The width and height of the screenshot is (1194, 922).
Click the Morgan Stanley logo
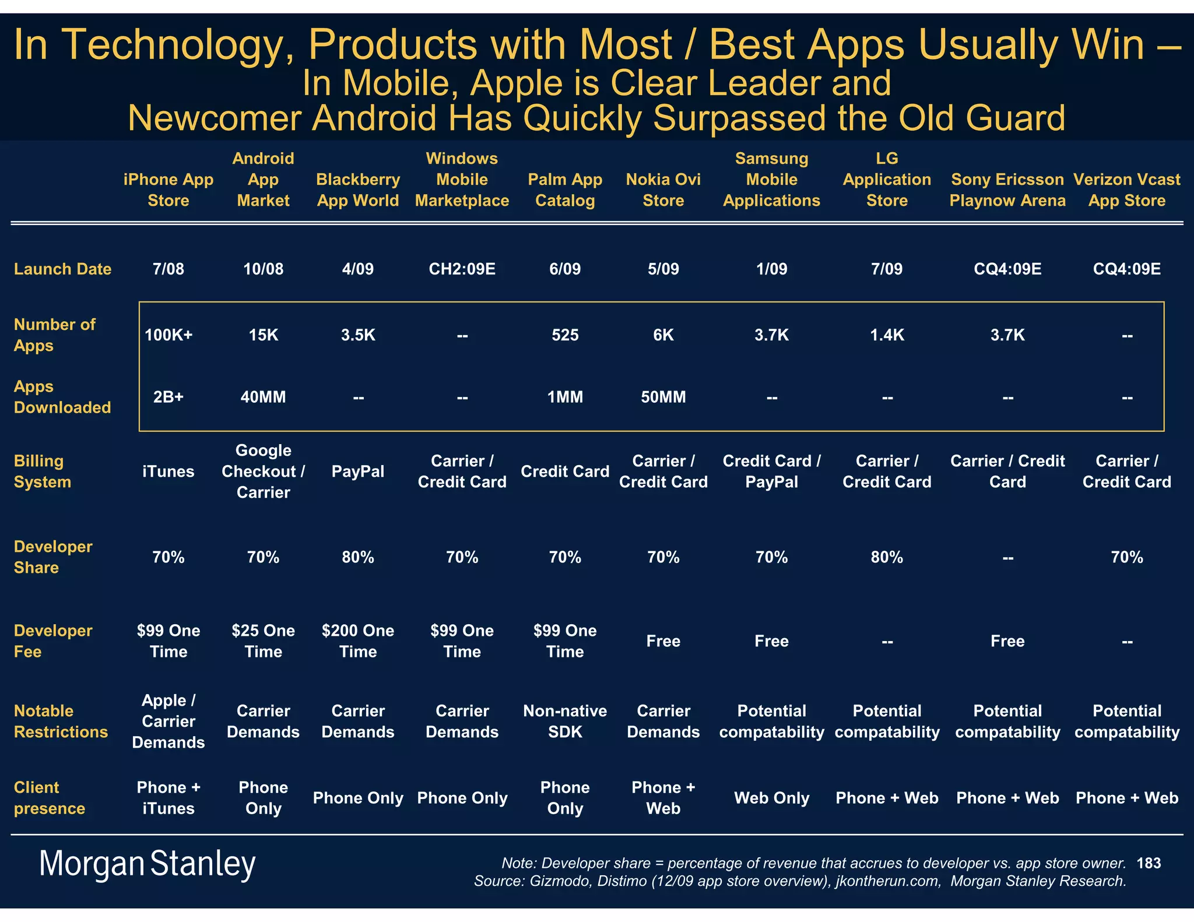coord(147,864)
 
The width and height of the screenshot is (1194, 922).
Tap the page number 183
coord(1149,863)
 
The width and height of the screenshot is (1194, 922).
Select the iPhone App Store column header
coord(168,190)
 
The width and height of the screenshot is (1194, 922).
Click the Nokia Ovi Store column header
coord(663,190)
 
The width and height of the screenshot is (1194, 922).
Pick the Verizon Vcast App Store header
coord(1126,190)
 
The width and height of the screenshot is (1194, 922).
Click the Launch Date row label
coord(62,269)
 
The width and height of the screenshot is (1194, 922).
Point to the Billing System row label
coord(43,471)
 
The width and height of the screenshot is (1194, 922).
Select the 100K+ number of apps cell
coord(168,335)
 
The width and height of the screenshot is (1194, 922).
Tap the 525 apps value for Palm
coord(565,335)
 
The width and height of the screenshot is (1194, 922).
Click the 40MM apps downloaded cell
coord(263,397)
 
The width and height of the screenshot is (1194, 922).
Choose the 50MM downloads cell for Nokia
coord(663,397)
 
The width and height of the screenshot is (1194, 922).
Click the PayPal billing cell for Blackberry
coord(358,471)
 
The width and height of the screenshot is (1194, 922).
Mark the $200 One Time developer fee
coord(358,641)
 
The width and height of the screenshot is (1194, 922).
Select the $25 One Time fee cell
coord(263,641)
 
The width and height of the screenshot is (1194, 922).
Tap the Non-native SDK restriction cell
coord(565,722)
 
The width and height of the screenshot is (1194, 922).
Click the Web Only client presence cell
coord(771,798)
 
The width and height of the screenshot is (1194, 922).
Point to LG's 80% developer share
coord(887,558)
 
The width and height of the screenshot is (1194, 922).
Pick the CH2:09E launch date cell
coord(462,269)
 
